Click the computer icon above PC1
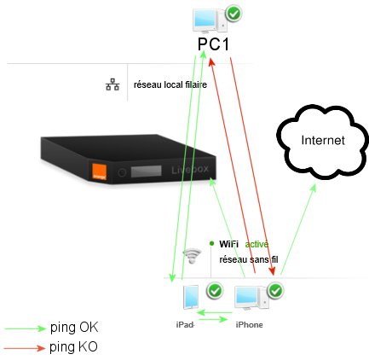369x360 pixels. pos(208,16)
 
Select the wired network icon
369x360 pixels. pos(111,85)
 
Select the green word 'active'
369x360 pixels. pos(257,243)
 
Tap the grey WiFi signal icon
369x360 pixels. pos(193,254)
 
